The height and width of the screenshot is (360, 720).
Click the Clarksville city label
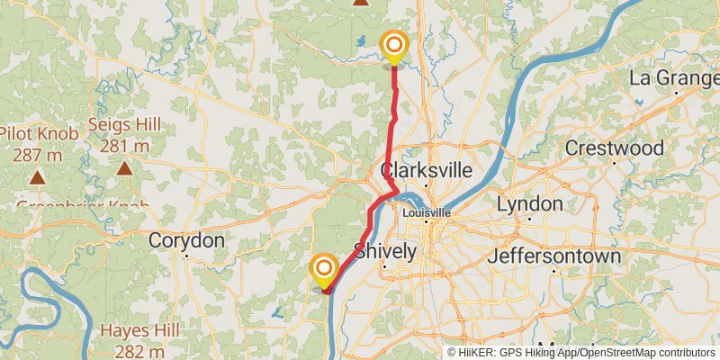coord(427,171)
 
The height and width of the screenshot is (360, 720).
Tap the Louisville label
coord(427,212)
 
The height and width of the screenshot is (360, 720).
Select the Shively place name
coord(385,251)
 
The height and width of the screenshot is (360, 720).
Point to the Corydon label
coord(186,241)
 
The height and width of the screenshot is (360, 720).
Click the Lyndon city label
coord(529,203)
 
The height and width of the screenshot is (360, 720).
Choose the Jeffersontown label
coord(554,256)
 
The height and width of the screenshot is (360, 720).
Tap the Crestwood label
coord(615,148)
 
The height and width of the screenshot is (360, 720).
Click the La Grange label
coord(673,78)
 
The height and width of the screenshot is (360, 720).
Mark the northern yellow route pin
coord(393,45)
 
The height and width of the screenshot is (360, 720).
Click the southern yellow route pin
coord(324,269)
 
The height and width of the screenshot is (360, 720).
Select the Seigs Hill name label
coord(124,125)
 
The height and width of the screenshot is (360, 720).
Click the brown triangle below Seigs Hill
coord(124,167)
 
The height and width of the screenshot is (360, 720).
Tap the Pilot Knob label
coord(39,134)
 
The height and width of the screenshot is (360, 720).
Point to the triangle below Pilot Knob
coord(38,176)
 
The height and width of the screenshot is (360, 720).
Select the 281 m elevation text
coord(125,146)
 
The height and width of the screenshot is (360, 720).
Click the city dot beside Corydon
coord(185,257)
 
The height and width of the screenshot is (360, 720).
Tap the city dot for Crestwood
coord(615,163)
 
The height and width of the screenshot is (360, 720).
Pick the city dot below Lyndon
coord(529,219)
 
